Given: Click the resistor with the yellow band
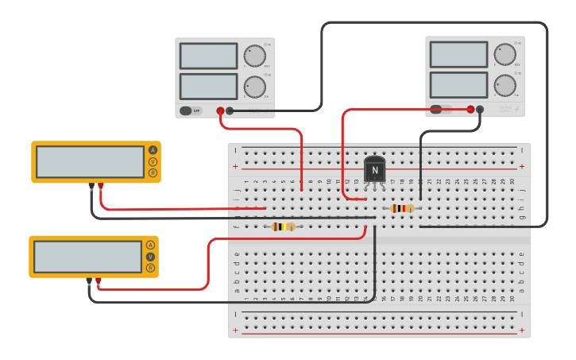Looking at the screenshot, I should tap(282, 226).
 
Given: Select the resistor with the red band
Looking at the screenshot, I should tap(402, 208).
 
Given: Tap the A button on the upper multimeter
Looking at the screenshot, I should tap(153, 149).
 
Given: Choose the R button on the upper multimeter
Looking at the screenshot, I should tap(153, 172).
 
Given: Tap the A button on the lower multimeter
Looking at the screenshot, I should tap(150, 245).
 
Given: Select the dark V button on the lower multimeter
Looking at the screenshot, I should tap(150, 257).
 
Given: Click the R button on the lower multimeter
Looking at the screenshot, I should tap(150, 268).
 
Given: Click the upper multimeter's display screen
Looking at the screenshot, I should tap(90, 162).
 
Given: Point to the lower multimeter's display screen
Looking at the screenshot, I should tap(87, 257).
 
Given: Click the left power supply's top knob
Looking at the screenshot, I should tap(255, 56).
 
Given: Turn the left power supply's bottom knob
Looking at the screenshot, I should tap(255, 87).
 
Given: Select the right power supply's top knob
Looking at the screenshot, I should tap(505, 55).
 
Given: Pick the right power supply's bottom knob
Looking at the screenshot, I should tap(505, 85).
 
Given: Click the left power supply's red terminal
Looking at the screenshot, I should tap(220, 111).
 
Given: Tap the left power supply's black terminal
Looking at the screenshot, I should tap(230, 111).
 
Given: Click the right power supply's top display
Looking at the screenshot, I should tap(458, 54).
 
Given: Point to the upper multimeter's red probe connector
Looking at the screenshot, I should tap(101, 186).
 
